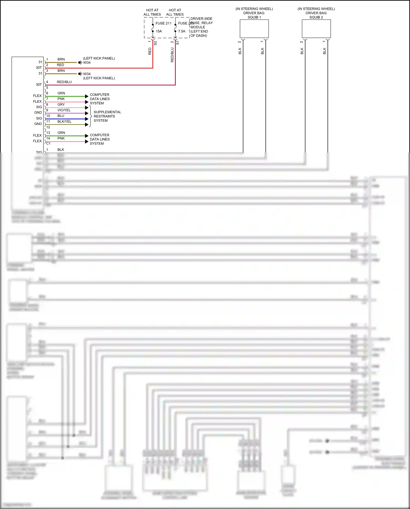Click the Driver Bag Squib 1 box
pos(254,29)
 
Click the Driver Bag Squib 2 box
pos(316,29)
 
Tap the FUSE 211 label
pos(163,23)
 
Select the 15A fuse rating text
pos(159,31)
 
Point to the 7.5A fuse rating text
pos(182,31)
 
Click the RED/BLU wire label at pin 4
pos(64,82)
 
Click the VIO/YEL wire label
pos(64,110)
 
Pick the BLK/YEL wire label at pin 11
pos(65,121)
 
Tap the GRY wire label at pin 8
pos(61,104)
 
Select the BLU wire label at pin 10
pos(61,116)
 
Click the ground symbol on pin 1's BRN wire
pos(80,62)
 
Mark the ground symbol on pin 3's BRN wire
pos(80,74)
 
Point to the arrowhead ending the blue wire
pos(87,119)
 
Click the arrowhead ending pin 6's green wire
pos(87,96)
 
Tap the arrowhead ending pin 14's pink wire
pos(87,141)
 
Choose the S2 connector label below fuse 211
pos(155,43)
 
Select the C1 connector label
pos(48,143)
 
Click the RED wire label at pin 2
pos(60,65)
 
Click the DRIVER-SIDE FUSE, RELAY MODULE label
pos(201,27)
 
